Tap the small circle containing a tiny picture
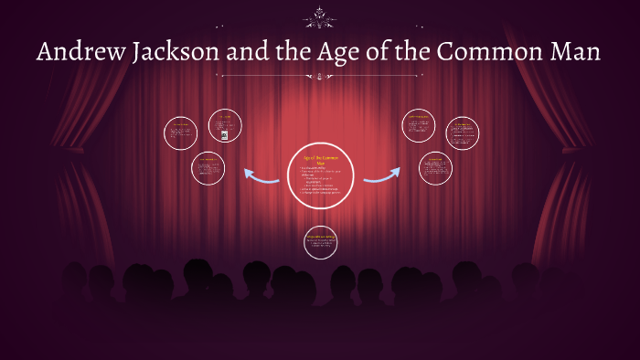224,126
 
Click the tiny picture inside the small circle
224,134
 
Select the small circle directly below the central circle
320,241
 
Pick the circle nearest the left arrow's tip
209,168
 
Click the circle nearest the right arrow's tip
435,168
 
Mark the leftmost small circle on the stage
180,133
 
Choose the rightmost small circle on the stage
462,133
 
